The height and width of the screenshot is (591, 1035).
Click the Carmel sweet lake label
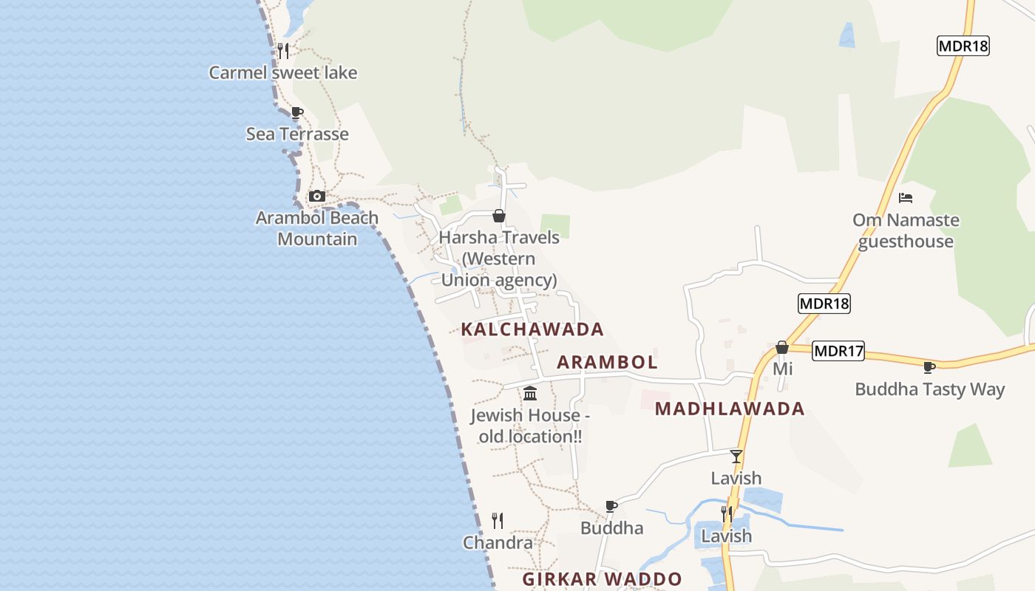[x=282, y=72]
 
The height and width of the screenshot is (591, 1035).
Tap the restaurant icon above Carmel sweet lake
[x=282, y=50]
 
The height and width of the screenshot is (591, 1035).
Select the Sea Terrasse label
[x=297, y=134]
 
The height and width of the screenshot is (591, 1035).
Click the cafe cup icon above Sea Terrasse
[x=297, y=113]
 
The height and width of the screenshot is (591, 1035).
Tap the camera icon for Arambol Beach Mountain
[x=317, y=196]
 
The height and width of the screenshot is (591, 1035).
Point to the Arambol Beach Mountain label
[x=317, y=228]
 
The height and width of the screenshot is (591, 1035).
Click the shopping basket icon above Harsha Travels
[x=499, y=216]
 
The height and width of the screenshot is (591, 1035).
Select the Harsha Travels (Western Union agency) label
[x=499, y=259]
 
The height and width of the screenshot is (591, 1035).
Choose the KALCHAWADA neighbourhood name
[x=532, y=329]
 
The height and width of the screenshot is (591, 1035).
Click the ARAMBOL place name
[x=607, y=362]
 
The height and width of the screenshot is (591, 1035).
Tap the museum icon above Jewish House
[x=530, y=393]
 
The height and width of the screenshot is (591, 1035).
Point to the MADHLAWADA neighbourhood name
[x=730, y=409]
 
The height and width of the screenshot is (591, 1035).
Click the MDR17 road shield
[x=838, y=351]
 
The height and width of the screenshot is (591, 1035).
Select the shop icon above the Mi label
[x=782, y=347]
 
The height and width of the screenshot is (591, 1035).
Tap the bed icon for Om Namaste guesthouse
[x=906, y=198]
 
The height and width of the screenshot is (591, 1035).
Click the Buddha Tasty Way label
[x=929, y=389]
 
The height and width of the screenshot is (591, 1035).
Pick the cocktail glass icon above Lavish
[x=736, y=457]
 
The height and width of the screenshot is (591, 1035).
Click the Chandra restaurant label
[x=498, y=543]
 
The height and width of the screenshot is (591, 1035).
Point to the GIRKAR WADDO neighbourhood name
[x=602, y=579]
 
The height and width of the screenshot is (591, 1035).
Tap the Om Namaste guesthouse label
[x=906, y=230]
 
